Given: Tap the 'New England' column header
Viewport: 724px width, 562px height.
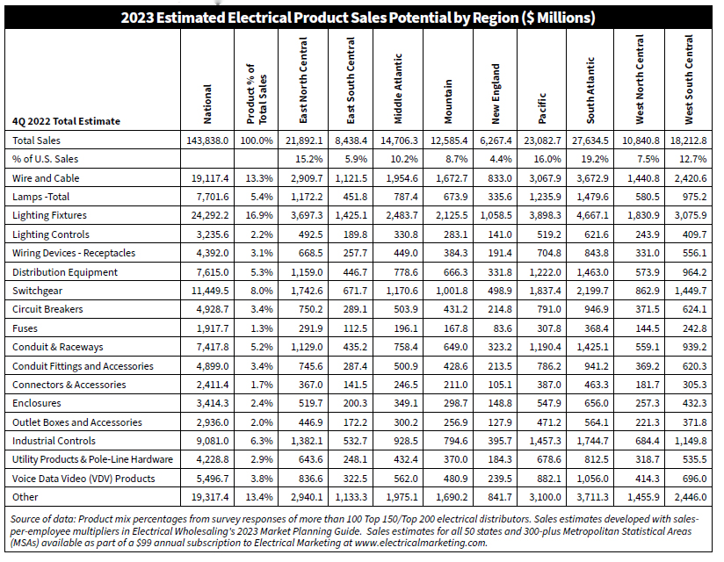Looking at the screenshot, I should pyautogui.click(x=496, y=94).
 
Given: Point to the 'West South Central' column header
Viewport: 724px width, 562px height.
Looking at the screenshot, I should pyautogui.click(x=689, y=80).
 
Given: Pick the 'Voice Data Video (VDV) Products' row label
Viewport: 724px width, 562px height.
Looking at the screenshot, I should pyautogui.click(x=83, y=479).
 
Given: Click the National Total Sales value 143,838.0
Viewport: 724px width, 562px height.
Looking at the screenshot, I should pyautogui.click(x=206, y=140).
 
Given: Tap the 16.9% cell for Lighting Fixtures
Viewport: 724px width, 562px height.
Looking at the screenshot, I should pyautogui.click(x=257, y=216).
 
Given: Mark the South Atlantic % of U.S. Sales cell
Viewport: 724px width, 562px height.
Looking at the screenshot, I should pyautogui.click(x=596, y=160).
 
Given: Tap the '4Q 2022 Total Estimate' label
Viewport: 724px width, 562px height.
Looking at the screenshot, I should pyautogui.click(x=67, y=121).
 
